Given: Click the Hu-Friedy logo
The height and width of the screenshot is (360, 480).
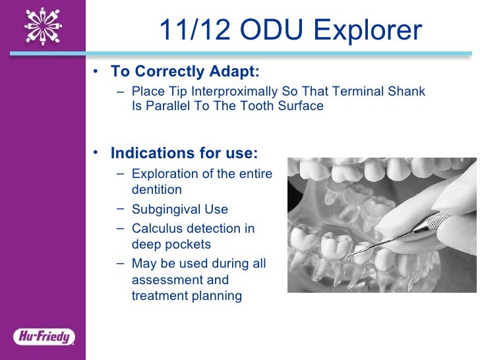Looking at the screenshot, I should coord(44,337).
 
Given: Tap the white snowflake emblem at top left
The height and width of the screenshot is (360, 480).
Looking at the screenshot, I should coord(42,26).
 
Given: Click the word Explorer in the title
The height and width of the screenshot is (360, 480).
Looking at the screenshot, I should coord(368,30).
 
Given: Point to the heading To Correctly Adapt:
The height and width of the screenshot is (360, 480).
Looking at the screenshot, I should coord(185,71).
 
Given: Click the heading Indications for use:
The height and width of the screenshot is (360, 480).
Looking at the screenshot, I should coord(184,154).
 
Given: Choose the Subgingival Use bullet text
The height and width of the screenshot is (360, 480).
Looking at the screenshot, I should coord(179,210).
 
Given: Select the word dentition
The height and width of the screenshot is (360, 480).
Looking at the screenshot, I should coord(156,190).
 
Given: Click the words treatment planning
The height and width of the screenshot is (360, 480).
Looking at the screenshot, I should coord(187,296).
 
